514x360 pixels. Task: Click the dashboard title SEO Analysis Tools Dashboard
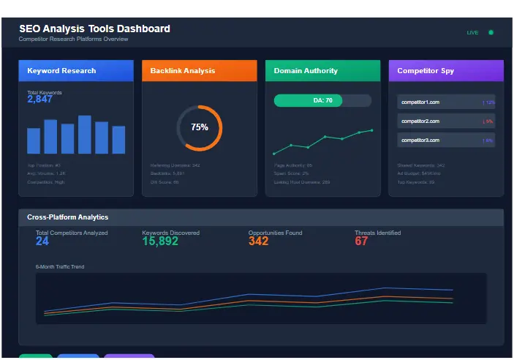click(94, 29)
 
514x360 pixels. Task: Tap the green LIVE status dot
click(491, 32)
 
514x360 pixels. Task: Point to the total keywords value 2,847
click(40, 100)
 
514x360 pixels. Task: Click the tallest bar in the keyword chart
click(85, 135)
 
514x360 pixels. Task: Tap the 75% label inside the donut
click(199, 127)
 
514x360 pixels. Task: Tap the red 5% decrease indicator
click(488, 121)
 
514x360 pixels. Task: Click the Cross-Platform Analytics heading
click(67, 217)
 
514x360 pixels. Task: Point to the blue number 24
click(42, 241)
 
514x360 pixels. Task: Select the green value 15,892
click(160, 241)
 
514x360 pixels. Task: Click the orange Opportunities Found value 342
click(258, 241)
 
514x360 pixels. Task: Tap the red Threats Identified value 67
click(361, 241)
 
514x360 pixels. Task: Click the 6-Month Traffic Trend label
click(60, 267)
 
